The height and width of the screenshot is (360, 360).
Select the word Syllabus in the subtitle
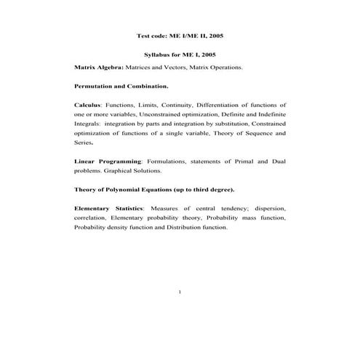click(x=156, y=55)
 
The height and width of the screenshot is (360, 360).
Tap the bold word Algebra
click(x=110, y=67)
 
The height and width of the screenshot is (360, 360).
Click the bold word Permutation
click(x=95, y=86)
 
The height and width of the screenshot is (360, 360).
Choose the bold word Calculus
click(x=87, y=105)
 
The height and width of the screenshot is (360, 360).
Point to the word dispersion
click(x=271, y=209)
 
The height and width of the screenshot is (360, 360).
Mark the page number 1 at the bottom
click(x=180, y=292)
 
